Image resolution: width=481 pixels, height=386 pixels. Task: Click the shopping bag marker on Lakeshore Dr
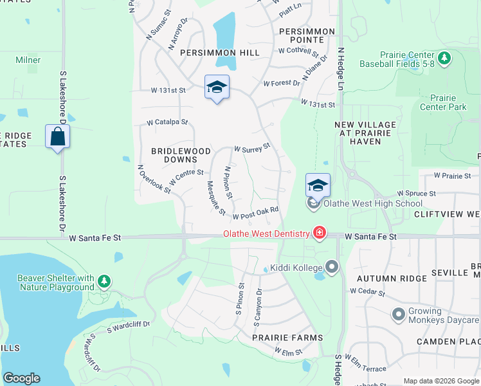pos(58,136)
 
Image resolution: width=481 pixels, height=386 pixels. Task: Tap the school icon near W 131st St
pos(217,87)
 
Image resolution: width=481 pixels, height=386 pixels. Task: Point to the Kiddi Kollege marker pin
pos(332,266)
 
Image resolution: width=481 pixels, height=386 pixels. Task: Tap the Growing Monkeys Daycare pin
pos(399,315)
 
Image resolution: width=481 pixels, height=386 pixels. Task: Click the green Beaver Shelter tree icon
pos(104,281)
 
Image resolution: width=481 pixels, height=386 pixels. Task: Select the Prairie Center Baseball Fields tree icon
pos(443,59)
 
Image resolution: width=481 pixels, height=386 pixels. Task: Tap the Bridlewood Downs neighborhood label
pos(181,155)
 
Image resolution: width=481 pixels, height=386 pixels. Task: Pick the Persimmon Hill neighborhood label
pos(220,53)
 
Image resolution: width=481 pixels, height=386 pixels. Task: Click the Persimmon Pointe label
pos(307,36)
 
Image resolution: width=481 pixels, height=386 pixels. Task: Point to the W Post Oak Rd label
pos(255,213)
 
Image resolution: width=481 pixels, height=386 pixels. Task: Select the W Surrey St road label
pos(251,149)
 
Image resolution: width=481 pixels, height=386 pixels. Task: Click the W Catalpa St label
pos(167,122)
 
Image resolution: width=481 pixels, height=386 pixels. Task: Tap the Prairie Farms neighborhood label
pos(287,337)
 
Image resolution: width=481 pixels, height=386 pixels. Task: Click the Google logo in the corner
pos(21,378)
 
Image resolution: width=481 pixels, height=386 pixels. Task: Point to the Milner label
pos(28,60)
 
